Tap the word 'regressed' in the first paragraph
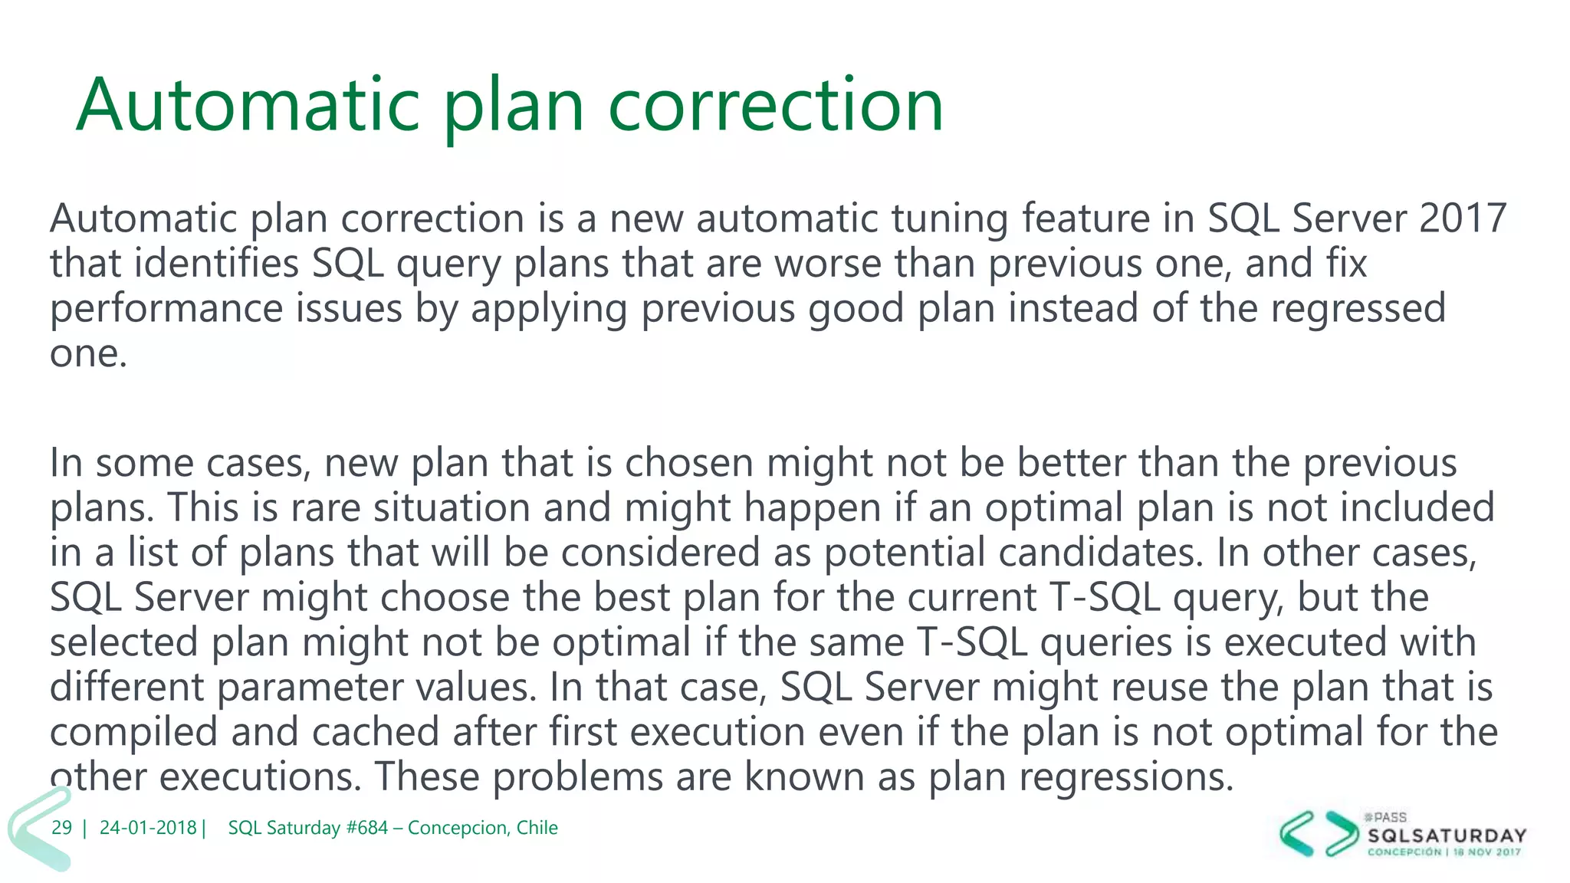tap(1358, 308)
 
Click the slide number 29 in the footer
tap(61, 828)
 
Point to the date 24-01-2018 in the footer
tap(148, 828)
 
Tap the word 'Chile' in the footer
tap(537, 828)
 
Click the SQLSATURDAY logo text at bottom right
tap(1447, 835)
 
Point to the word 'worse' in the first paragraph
tap(827, 264)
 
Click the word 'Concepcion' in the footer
tap(457, 828)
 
